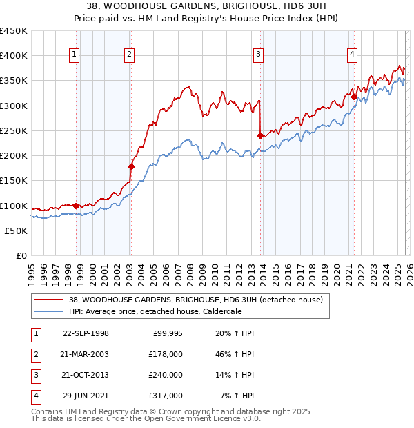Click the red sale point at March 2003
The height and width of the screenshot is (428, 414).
point(130,166)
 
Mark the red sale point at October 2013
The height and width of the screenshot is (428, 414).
point(260,135)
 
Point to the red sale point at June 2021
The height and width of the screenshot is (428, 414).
point(354,97)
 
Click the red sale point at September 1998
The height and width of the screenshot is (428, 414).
point(76,205)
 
